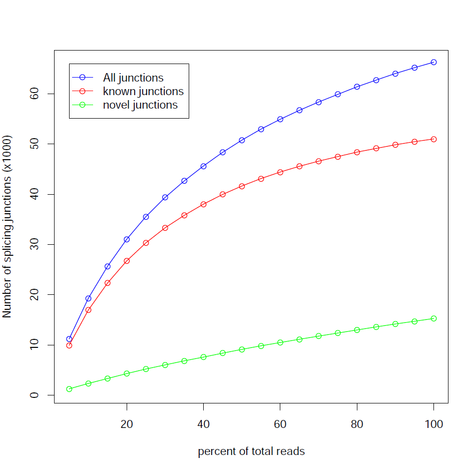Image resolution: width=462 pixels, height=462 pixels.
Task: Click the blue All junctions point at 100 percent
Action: click(x=433, y=62)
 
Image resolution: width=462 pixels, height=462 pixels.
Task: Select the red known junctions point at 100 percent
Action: click(x=433, y=139)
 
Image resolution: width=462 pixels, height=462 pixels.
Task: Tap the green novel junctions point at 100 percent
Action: click(x=433, y=318)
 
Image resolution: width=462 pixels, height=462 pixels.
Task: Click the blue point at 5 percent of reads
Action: click(x=69, y=339)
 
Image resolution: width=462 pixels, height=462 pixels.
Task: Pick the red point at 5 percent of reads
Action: click(x=69, y=345)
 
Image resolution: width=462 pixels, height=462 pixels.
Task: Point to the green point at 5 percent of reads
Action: click(x=69, y=389)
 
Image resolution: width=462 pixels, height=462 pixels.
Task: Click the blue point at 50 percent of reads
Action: click(x=242, y=140)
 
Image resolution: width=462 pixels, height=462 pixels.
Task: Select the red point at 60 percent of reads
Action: click(x=280, y=172)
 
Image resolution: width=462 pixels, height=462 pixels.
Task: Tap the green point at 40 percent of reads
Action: click(x=203, y=357)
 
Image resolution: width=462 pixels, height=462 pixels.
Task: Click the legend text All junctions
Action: click(x=133, y=78)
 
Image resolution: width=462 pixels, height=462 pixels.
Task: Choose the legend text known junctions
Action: click(x=143, y=91)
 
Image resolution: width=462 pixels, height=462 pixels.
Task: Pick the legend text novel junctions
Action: click(x=140, y=105)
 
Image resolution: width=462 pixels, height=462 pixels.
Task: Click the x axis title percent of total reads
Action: click(x=251, y=451)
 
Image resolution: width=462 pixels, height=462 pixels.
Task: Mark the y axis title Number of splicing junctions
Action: click(x=7, y=226)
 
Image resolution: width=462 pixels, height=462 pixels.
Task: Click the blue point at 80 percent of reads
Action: click(x=357, y=87)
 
